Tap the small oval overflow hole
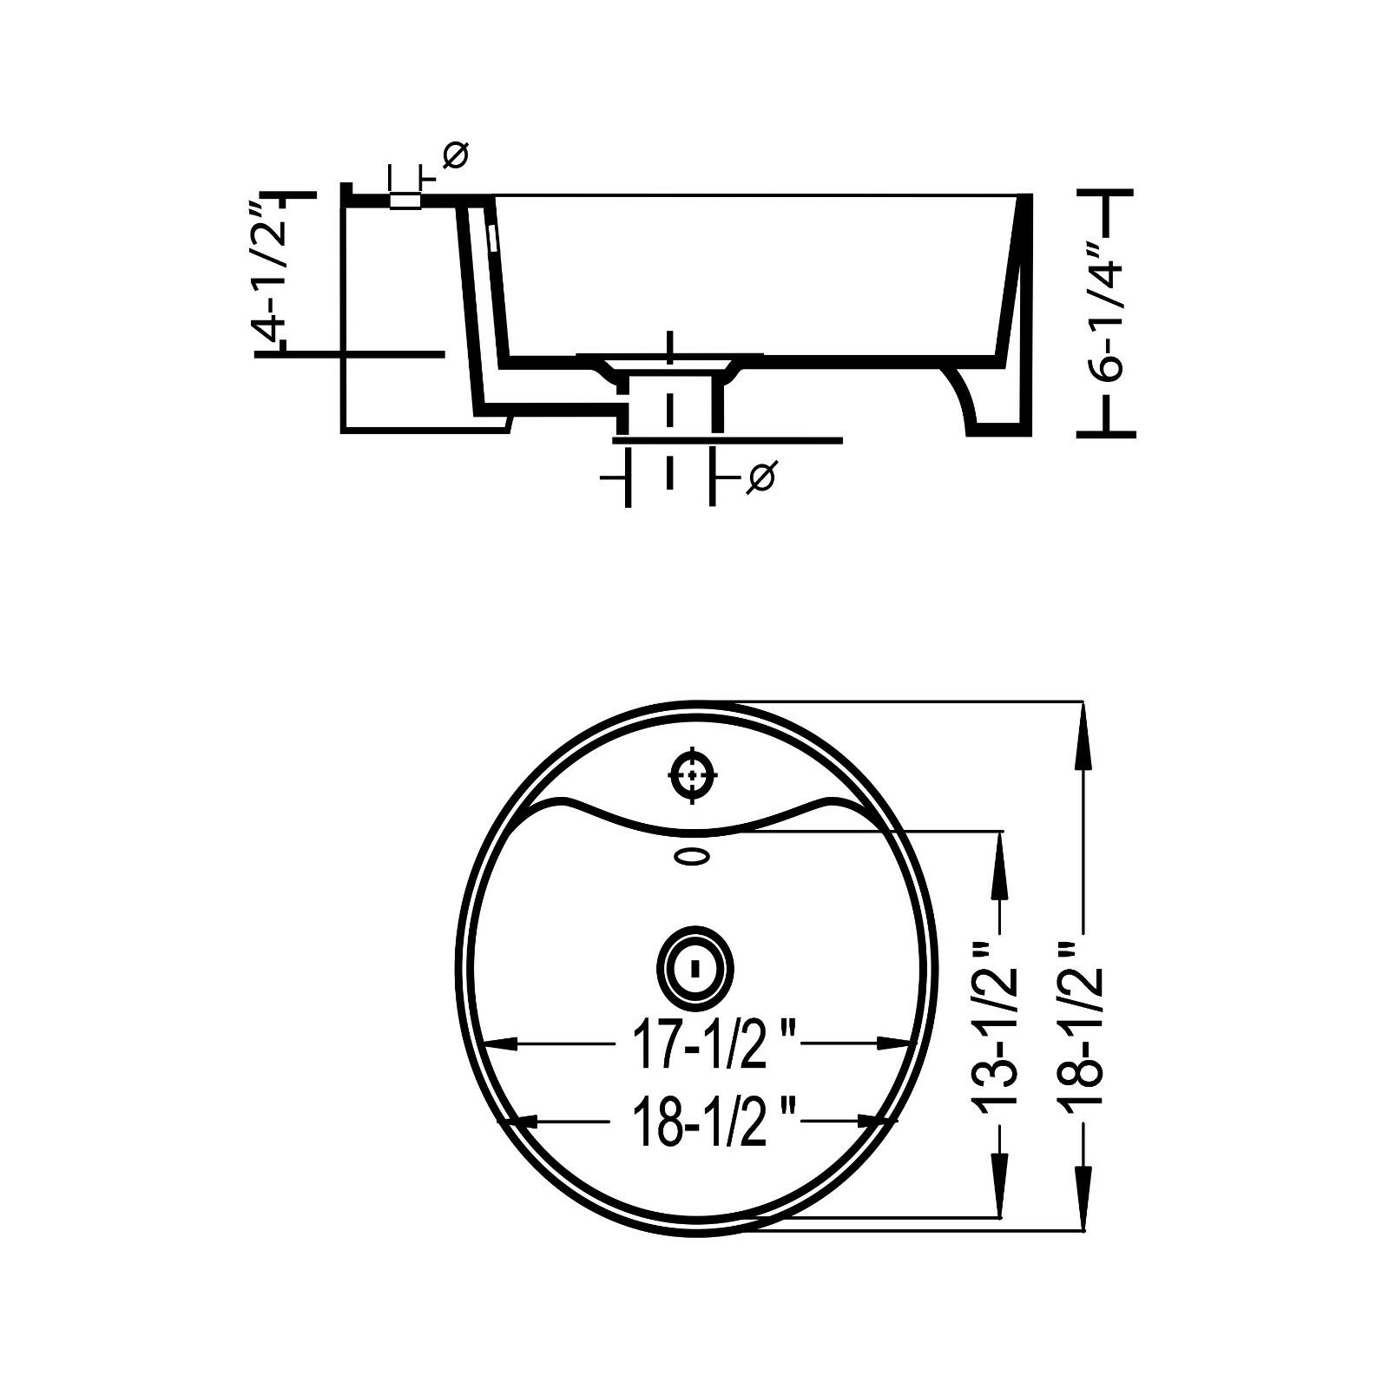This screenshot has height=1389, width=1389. click(694, 857)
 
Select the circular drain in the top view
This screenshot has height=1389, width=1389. click(694, 967)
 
